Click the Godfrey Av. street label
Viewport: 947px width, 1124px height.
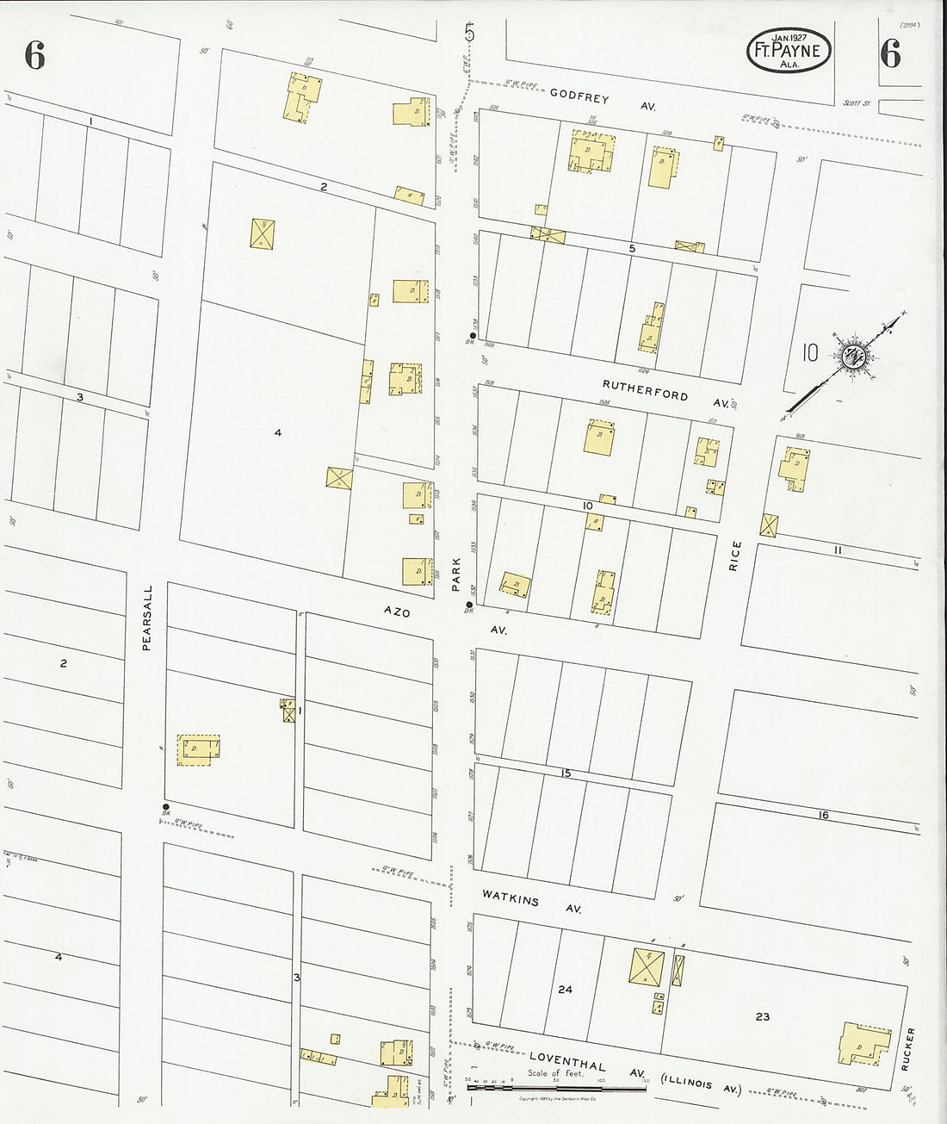click(x=603, y=102)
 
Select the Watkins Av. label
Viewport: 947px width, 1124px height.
click(x=532, y=903)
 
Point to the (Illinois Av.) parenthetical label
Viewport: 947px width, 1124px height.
click(x=700, y=1084)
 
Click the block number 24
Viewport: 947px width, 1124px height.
click(x=565, y=990)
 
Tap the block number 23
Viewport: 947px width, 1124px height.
click(x=763, y=1016)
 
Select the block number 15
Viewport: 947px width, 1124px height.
click(x=566, y=773)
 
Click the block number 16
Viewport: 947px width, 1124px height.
click(x=824, y=814)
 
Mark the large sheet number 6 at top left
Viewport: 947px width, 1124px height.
click(x=34, y=56)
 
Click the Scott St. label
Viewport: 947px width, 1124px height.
click(x=857, y=102)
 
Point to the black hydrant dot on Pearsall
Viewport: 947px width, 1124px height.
click(x=164, y=807)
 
